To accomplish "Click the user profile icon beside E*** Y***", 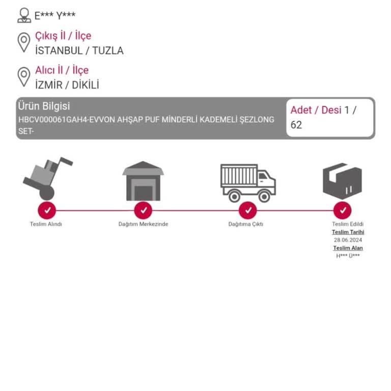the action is pyautogui.click(x=24, y=15).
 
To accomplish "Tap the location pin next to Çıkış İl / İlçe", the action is pyautogui.click(x=24, y=43).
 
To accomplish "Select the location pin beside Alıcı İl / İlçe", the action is pyautogui.click(x=24, y=77).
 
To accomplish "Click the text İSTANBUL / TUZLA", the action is pyautogui.click(x=79, y=50).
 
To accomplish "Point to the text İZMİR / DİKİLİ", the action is pyautogui.click(x=67, y=85).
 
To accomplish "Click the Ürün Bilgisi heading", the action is pyautogui.click(x=44, y=106).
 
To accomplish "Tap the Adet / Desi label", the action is pyautogui.click(x=316, y=110).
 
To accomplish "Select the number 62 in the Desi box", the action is pyautogui.click(x=296, y=125).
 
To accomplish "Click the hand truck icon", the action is pyautogui.click(x=48, y=179).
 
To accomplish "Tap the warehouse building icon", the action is pyautogui.click(x=143, y=181).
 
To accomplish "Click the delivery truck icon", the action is pyautogui.click(x=248, y=183).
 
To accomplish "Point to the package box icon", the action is pyautogui.click(x=342, y=181).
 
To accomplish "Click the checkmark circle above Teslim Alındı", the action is pyautogui.click(x=47, y=210).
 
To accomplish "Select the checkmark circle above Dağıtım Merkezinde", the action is pyautogui.click(x=143, y=210).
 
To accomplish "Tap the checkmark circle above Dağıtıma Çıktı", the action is pyautogui.click(x=248, y=210).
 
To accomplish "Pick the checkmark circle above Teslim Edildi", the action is pyautogui.click(x=343, y=210).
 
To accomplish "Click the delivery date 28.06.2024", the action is pyautogui.click(x=348, y=240).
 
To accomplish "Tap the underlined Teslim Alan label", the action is pyautogui.click(x=348, y=248).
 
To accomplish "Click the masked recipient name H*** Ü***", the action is pyautogui.click(x=348, y=256).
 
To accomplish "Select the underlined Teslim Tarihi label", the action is pyautogui.click(x=348, y=232).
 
